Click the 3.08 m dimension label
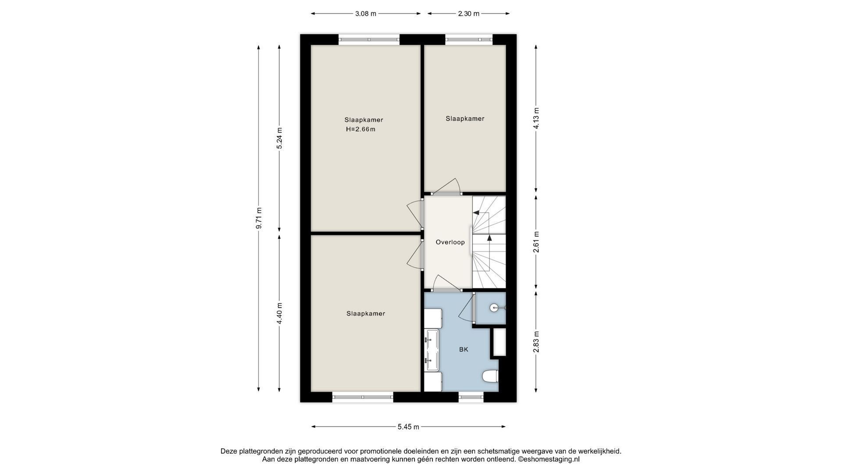[366, 14]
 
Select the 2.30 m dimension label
[469, 14]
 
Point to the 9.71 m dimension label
[259, 218]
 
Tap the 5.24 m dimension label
[280, 138]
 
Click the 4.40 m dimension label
[280, 313]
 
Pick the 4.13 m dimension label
[535, 118]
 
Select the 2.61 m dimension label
[535, 242]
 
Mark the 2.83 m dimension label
[535, 342]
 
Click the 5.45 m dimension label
[408, 427]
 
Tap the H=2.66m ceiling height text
[360, 129]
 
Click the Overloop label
[450, 242]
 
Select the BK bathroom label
[464, 350]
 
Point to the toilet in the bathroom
[490, 377]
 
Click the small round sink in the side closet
[495, 308]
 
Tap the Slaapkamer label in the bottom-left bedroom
[366, 314]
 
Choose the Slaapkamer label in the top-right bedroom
[465, 119]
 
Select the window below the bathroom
[471, 397]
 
